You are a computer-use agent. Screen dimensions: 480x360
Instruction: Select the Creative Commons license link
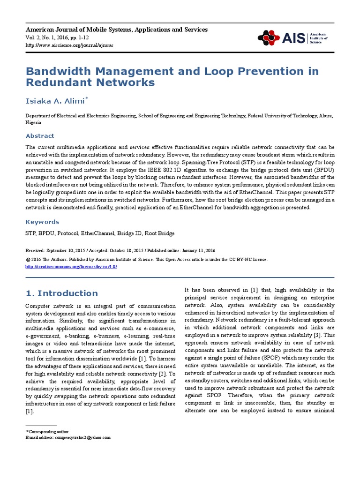[x=71, y=266]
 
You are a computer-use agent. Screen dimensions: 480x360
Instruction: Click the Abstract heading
[x=40, y=136]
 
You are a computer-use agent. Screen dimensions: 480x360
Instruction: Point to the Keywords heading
[x=42, y=222]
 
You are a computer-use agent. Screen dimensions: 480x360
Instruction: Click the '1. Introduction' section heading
[x=61, y=293]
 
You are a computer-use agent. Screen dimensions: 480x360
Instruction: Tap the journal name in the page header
[x=116, y=30]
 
